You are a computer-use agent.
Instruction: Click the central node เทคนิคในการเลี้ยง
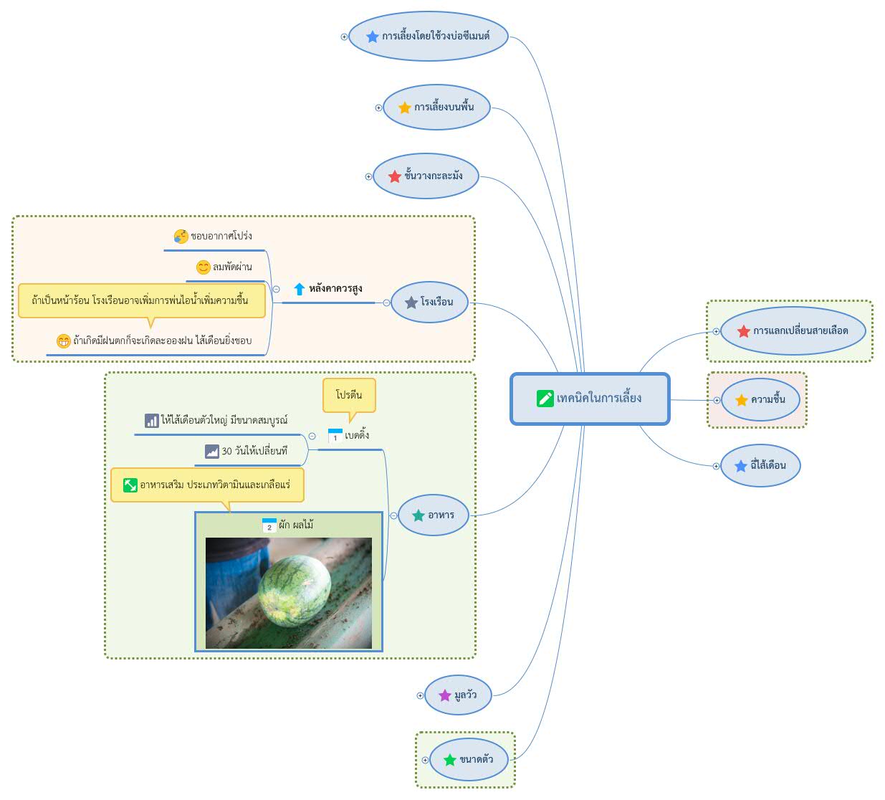pyautogui.click(x=590, y=399)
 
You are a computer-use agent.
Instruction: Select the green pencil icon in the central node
pyautogui.click(x=545, y=399)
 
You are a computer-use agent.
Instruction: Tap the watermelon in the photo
pyautogui.click(x=295, y=591)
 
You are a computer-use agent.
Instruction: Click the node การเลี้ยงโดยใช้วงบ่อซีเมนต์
pyautogui.click(x=428, y=37)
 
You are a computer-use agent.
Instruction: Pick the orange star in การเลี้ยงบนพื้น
pyautogui.click(x=405, y=108)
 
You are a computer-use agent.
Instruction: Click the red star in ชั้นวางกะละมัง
pyautogui.click(x=394, y=176)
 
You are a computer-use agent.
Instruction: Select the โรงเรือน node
pyautogui.click(x=429, y=303)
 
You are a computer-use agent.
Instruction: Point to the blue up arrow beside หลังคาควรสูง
pyautogui.click(x=299, y=289)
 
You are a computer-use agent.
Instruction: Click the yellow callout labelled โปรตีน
pyautogui.click(x=349, y=395)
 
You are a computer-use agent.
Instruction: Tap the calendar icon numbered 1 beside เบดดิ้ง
pyautogui.click(x=335, y=436)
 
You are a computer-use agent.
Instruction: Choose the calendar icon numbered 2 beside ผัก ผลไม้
pyautogui.click(x=269, y=525)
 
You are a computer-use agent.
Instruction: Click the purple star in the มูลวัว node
pyautogui.click(x=445, y=696)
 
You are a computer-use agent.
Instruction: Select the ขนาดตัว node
pyautogui.click(x=469, y=760)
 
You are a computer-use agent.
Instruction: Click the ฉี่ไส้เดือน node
pyautogui.click(x=760, y=466)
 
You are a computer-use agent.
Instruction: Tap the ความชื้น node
pyautogui.click(x=760, y=400)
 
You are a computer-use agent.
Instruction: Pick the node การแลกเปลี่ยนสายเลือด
pyautogui.click(x=793, y=331)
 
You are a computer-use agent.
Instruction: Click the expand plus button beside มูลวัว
pyautogui.click(x=420, y=696)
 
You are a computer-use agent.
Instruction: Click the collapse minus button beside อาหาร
pyautogui.click(x=393, y=515)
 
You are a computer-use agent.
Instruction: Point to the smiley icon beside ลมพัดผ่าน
pyautogui.click(x=203, y=267)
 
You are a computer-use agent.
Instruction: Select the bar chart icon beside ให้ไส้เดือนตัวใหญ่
pyautogui.click(x=151, y=421)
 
